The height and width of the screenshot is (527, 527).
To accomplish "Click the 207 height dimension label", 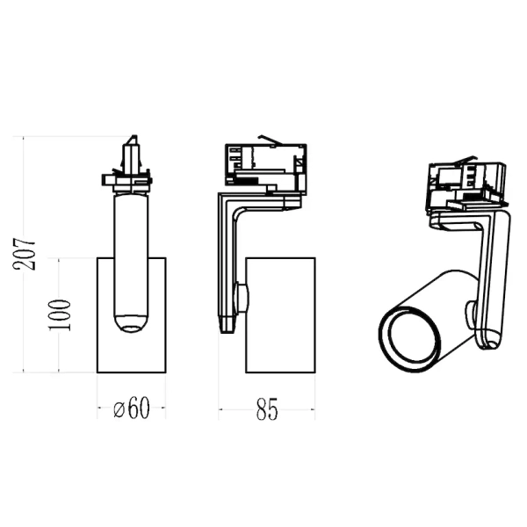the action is point(25,254).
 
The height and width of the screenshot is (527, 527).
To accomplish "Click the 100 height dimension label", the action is point(60,315).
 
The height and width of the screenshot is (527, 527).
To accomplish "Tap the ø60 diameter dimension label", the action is point(132,408).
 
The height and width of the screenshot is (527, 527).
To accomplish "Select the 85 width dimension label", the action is point(267,409).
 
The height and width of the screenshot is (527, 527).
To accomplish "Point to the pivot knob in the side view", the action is point(243,297).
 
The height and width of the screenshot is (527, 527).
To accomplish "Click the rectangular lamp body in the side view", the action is point(280,315).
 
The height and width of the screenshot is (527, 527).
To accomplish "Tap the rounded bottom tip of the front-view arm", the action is point(132,323).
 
